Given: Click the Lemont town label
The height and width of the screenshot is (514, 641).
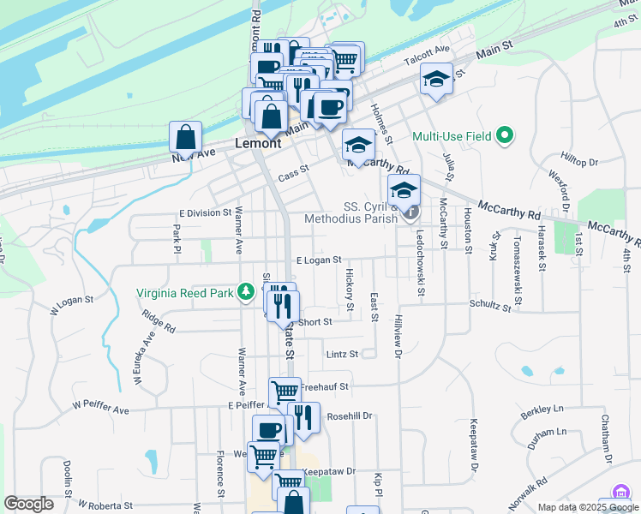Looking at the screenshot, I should pyautogui.click(x=258, y=144).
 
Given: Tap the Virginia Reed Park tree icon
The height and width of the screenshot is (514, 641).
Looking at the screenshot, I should pyautogui.click(x=246, y=293).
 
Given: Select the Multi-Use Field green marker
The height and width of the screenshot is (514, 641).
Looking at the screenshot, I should pyautogui.click(x=505, y=136).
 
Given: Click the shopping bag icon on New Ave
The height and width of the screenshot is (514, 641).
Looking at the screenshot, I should pyautogui.click(x=185, y=136).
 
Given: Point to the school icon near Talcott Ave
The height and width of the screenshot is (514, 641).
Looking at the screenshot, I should pyautogui.click(x=436, y=81).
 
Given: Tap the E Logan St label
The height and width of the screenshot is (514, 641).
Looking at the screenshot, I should pyautogui.click(x=319, y=260).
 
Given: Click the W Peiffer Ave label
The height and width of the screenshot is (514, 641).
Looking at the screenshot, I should pyautogui.click(x=100, y=410).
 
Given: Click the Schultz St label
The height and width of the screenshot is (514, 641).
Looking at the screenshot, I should pyautogui.click(x=489, y=304).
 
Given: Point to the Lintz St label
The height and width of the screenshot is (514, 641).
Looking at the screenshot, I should pyautogui.click(x=340, y=354).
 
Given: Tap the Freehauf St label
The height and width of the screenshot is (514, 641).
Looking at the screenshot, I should pyautogui.click(x=326, y=386).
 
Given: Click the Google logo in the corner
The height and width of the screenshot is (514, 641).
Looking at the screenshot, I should pyautogui.click(x=27, y=504).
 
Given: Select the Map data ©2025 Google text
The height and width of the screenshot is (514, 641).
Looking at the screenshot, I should pyautogui.click(x=587, y=508).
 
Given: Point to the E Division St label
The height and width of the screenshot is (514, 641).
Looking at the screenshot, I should pyautogui.click(x=205, y=212).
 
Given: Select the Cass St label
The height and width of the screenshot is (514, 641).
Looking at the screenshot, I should pyautogui.click(x=292, y=170).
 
